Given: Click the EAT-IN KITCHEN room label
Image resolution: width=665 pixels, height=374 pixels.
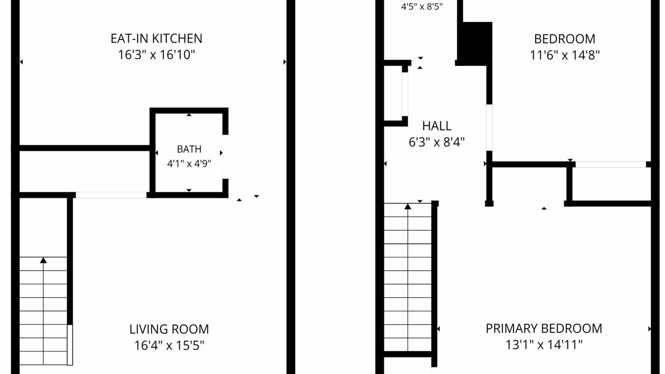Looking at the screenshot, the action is (156, 38).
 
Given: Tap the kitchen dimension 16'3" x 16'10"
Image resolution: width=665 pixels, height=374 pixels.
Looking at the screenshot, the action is (156, 55).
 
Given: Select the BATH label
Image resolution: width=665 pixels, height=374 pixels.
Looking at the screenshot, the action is (189, 149).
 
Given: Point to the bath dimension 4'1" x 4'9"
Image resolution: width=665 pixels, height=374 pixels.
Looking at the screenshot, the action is (189, 164).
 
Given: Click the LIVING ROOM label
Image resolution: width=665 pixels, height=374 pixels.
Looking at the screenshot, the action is (169, 329).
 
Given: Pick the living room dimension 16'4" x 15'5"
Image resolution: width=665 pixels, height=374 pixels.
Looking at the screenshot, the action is (169, 345).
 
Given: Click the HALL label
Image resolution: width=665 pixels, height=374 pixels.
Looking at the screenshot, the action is (437, 126).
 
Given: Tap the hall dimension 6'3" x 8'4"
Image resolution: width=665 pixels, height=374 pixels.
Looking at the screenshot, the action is (437, 142).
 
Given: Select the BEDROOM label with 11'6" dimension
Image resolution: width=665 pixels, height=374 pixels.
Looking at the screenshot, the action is (565, 39).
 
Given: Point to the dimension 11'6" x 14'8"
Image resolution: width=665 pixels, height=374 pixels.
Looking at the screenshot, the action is (565, 55).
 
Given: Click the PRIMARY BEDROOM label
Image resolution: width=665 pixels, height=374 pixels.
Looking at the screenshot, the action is (544, 329).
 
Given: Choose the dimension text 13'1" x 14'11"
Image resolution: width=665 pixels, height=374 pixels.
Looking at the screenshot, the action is (544, 345).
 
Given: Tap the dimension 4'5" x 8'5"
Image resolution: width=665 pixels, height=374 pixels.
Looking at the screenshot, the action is (422, 7).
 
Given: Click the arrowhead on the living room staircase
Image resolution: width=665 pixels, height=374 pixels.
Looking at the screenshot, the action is (43, 260).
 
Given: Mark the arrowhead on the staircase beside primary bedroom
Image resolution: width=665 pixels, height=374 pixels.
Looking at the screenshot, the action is (408, 206).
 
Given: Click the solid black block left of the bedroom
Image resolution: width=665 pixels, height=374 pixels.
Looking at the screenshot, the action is (475, 43).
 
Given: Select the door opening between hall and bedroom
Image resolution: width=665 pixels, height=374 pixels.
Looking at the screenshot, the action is (489, 128).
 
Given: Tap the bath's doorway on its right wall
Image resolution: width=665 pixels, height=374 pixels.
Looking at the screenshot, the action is (225, 157).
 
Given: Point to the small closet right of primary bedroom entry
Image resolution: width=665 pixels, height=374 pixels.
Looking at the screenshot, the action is (610, 184).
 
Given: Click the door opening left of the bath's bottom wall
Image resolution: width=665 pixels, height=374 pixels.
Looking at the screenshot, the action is (111, 195).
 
